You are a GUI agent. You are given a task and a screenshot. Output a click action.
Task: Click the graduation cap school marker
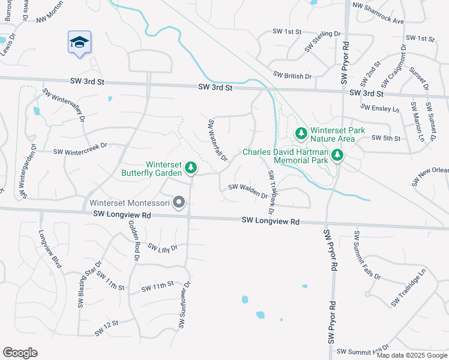(x=79, y=43)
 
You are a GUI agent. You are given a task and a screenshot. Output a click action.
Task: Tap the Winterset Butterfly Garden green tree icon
(x=191, y=167)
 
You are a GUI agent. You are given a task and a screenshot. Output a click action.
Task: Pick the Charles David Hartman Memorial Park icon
(x=337, y=156)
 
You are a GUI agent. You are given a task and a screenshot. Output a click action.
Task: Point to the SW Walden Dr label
(x=248, y=192)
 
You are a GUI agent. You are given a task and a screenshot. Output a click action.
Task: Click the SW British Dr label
(x=292, y=76)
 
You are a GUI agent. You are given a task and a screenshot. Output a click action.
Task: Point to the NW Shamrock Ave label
(x=379, y=13)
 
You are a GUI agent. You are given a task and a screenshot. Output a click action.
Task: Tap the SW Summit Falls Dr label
(x=367, y=254)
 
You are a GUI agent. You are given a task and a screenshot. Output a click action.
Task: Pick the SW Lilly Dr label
(x=163, y=248)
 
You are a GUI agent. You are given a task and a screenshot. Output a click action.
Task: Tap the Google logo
(x=20, y=353)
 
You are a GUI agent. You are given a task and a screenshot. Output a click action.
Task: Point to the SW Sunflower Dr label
(x=184, y=305)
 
